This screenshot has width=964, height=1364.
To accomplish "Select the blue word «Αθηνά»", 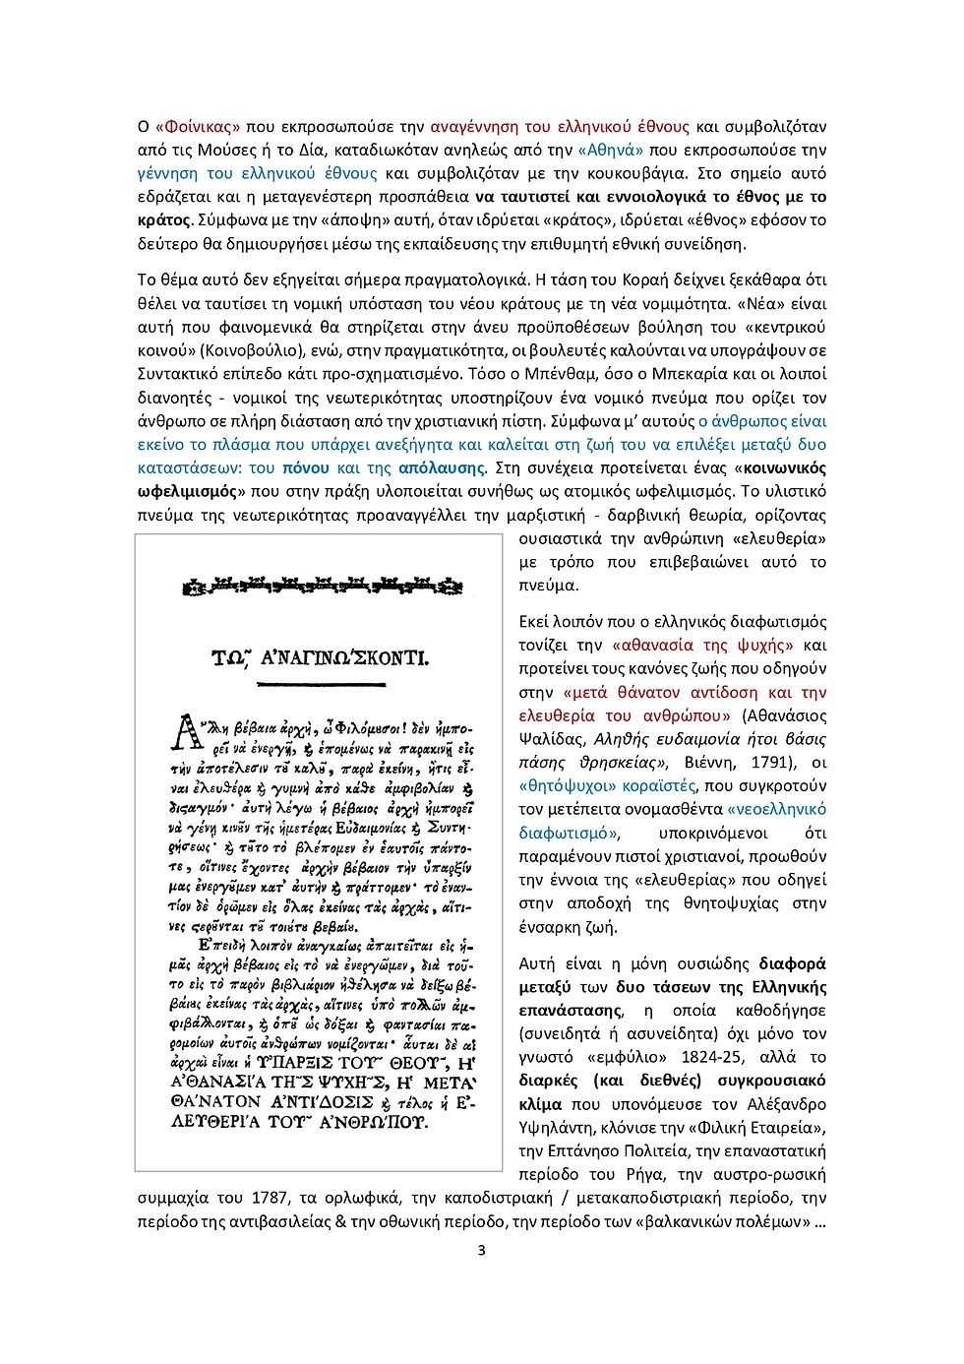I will [611, 151].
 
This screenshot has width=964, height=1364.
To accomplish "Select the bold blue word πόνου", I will [305, 468].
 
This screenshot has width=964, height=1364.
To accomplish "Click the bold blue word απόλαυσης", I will [442, 468].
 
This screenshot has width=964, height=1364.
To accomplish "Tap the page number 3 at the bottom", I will [481, 1251].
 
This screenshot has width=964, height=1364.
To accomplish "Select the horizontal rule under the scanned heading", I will [322, 682].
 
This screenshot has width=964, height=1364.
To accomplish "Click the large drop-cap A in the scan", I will [186, 733].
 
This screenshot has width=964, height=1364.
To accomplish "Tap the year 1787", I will [270, 1199].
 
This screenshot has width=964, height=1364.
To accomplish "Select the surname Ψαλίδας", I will [552, 739].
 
